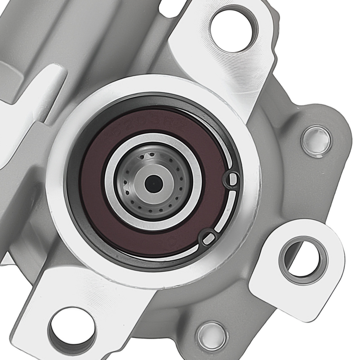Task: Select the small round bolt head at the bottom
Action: pyautogui.click(x=212, y=337)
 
